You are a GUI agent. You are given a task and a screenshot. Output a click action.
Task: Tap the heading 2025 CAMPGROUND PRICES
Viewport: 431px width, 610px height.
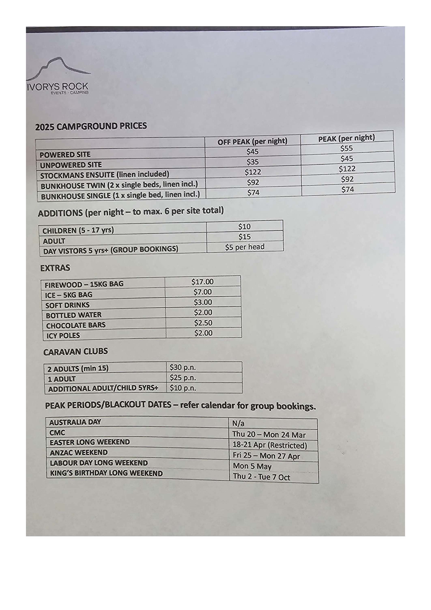pyautogui.click(x=91, y=126)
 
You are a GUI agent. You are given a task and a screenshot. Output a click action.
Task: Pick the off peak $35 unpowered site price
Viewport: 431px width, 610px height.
pyautogui.click(x=252, y=162)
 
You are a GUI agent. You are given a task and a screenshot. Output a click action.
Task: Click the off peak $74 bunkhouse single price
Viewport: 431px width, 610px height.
pyautogui.click(x=253, y=193)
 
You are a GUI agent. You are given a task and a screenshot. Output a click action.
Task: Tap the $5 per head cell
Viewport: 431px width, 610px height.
pyautogui.click(x=245, y=247)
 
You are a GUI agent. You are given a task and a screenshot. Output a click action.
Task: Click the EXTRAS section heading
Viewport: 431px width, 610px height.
pyautogui.click(x=55, y=268)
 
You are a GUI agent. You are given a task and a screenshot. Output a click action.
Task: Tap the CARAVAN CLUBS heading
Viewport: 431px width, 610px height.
pyautogui.click(x=76, y=351)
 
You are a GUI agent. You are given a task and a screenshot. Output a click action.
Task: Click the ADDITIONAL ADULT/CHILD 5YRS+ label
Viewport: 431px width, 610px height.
pyautogui.click(x=103, y=388)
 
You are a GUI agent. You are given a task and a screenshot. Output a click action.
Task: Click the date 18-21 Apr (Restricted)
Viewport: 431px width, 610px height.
pyautogui.click(x=270, y=445)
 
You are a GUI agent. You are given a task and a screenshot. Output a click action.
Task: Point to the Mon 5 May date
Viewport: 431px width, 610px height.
pyautogui.click(x=252, y=466)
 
